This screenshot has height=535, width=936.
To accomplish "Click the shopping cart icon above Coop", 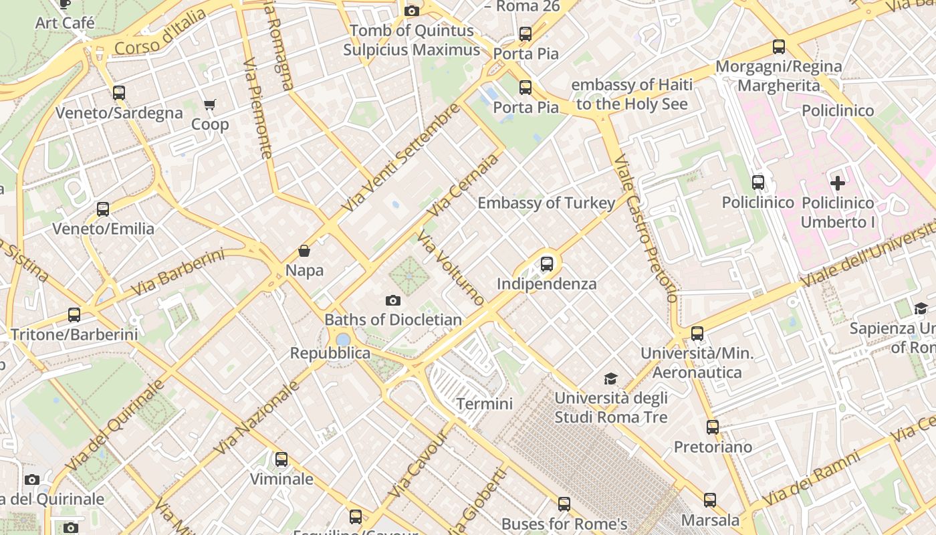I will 210,104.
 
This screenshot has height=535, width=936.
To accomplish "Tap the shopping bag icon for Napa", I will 304,251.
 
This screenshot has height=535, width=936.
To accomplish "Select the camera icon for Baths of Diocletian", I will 393,300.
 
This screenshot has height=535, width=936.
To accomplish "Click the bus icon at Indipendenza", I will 547,263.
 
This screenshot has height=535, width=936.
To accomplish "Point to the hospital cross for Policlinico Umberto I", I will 838,183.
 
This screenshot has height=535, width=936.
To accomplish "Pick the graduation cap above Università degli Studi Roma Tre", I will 610,379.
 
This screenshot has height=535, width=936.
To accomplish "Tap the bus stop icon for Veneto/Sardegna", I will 119,93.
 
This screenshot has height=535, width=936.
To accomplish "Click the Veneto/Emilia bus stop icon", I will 103,209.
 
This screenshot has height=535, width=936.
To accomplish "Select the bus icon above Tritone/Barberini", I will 74,314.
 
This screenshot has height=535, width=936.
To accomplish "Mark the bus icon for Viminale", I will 281,459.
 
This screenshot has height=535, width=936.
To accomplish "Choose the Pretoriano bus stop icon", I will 713,427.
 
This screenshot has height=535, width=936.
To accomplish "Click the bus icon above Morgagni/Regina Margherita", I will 779,47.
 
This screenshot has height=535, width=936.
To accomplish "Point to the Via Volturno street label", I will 450,267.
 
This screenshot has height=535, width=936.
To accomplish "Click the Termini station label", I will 485,404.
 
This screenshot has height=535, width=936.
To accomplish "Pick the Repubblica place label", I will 330,353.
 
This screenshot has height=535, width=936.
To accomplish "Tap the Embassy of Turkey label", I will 546,203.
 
